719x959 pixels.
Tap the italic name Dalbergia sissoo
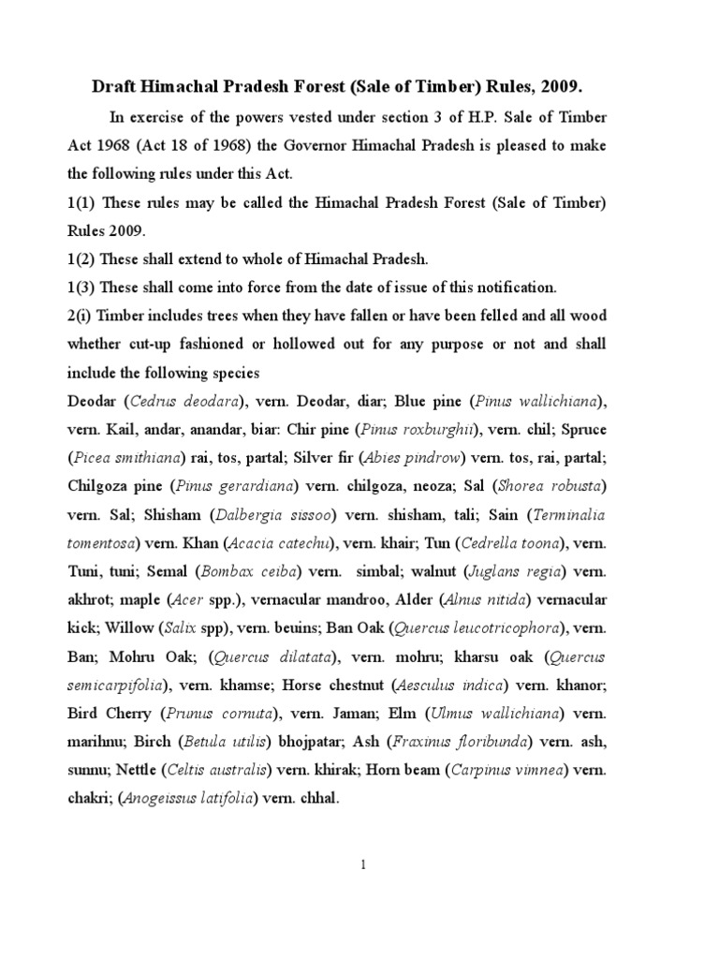coord(277,514)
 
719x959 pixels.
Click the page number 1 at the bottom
coord(360,892)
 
